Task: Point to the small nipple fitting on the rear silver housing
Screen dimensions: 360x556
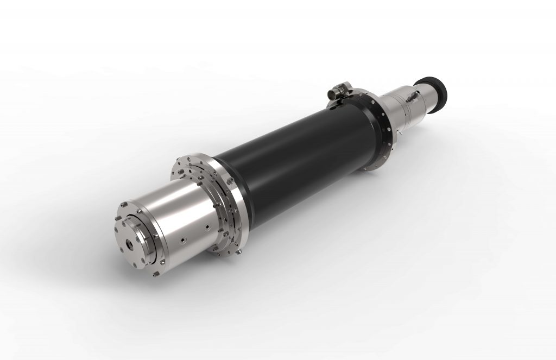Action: [x=410, y=97]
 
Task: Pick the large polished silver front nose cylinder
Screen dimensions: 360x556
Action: [x=179, y=217]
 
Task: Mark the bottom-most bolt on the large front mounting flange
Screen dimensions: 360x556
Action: [x=237, y=252]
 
